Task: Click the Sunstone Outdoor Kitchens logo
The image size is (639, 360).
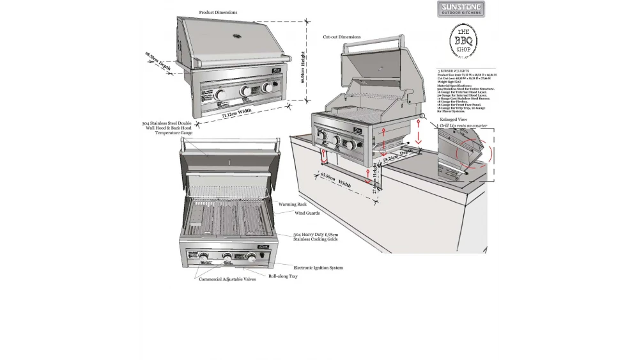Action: click(x=461, y=9)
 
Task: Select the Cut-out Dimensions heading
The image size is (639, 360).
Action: click(x=341, y=37)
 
